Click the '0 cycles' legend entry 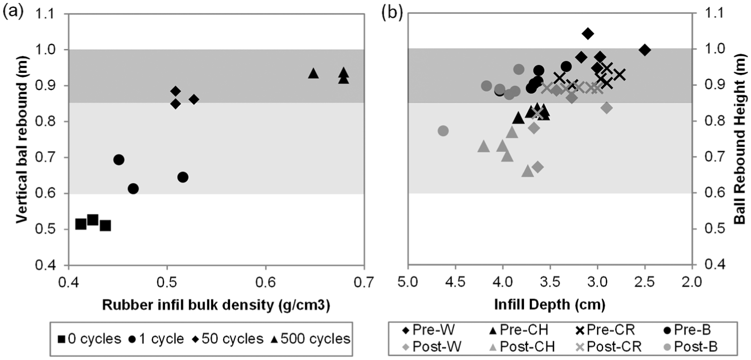(x=89, y=339)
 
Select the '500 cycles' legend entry (x=310, y=339)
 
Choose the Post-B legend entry (x=691, y=347)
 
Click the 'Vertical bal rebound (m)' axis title (x=21, y=139)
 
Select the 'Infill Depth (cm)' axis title (x=550, y=305)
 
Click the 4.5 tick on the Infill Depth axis (x=455, y=282)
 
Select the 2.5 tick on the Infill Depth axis (x=645, y=282)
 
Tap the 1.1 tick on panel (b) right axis (x=714, y=13)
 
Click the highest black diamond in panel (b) (x=588, y=33)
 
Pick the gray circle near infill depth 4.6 (x=443, y=131)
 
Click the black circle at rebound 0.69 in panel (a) (x=119, y=160)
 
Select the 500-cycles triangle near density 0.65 (x=313, y=73)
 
